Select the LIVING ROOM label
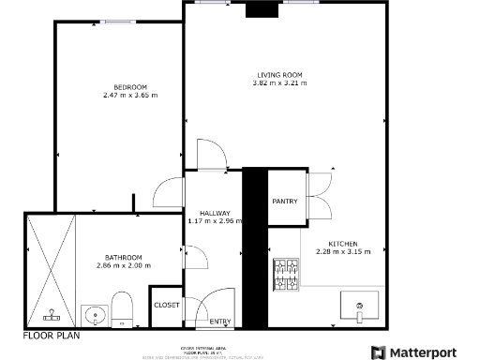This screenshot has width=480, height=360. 279,75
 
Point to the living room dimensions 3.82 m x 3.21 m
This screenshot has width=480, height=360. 279,83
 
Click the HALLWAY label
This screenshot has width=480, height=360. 202,213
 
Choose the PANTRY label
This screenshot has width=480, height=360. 285,202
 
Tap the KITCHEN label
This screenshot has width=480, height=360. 343,243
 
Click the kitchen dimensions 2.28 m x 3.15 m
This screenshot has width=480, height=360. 343,251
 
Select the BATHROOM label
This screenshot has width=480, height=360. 123,258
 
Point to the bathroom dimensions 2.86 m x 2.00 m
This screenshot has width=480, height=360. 123,266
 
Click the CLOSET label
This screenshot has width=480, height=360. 166,305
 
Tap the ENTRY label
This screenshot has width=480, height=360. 220,322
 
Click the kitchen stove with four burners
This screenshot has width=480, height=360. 286,274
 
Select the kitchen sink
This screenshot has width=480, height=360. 359,307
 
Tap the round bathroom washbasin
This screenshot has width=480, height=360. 93,314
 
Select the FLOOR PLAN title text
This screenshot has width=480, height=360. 52,334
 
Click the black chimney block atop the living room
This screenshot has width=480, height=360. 260,10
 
